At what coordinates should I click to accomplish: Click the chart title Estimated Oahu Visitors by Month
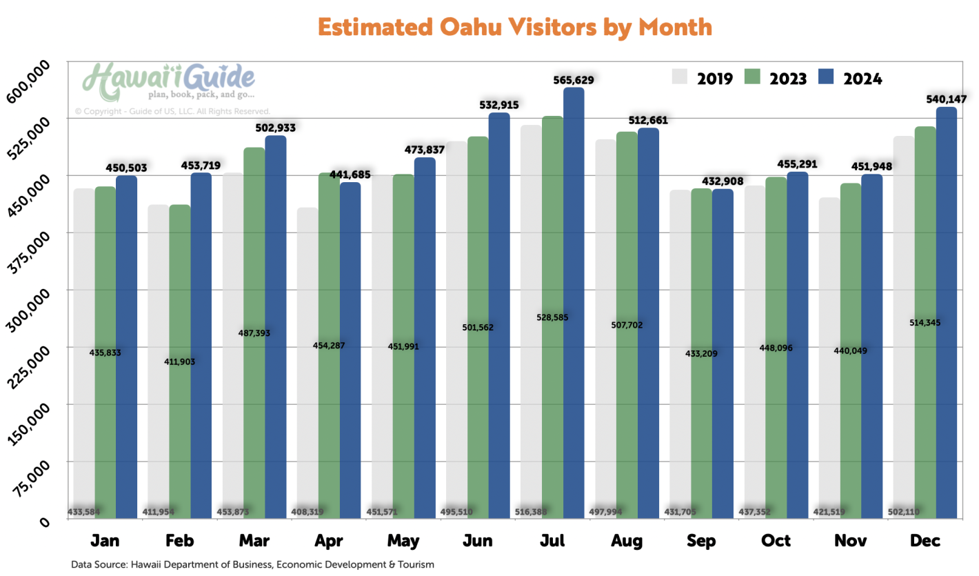click(x=515, y=27)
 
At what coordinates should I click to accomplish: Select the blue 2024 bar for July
click(x=574, y=304)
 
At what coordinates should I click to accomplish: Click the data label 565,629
click(x=574, y=80)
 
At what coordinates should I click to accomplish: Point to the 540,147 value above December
click(x=946, y=99)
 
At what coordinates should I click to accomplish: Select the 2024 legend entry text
click(x=862, y=78)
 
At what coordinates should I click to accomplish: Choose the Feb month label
click(x=179, y=541)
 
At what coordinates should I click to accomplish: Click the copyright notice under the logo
click(x=172, y=111)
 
